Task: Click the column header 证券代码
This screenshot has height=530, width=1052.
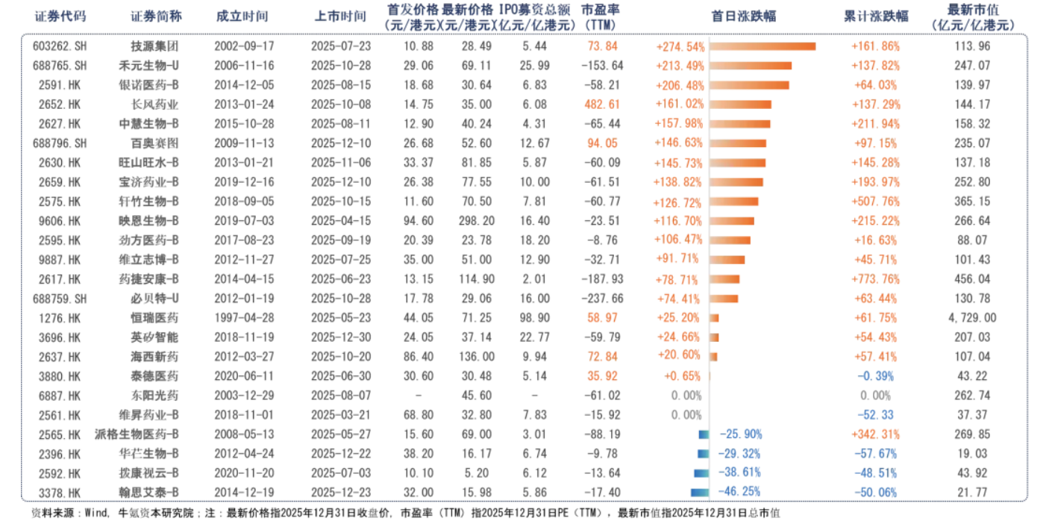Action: tap(59, 16)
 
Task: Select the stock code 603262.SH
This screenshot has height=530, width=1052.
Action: tap(60, 46)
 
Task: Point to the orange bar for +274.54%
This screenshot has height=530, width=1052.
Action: tap(762, 46)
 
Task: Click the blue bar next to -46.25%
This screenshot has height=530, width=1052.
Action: tap(699, 492)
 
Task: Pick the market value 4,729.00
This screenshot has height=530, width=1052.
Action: tap(972, 318)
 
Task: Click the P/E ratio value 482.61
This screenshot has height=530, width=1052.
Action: tap(601, 105)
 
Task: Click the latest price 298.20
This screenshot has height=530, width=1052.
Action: tap(476, 221)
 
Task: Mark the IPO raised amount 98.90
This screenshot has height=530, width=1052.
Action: tap(536, 318)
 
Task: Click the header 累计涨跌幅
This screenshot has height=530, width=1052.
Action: tap(876, 16)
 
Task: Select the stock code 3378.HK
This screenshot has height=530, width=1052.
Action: tap(60, 492)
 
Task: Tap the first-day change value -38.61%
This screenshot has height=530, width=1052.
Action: tap(740, 473)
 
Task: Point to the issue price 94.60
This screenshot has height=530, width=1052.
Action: tap(419, 221)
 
